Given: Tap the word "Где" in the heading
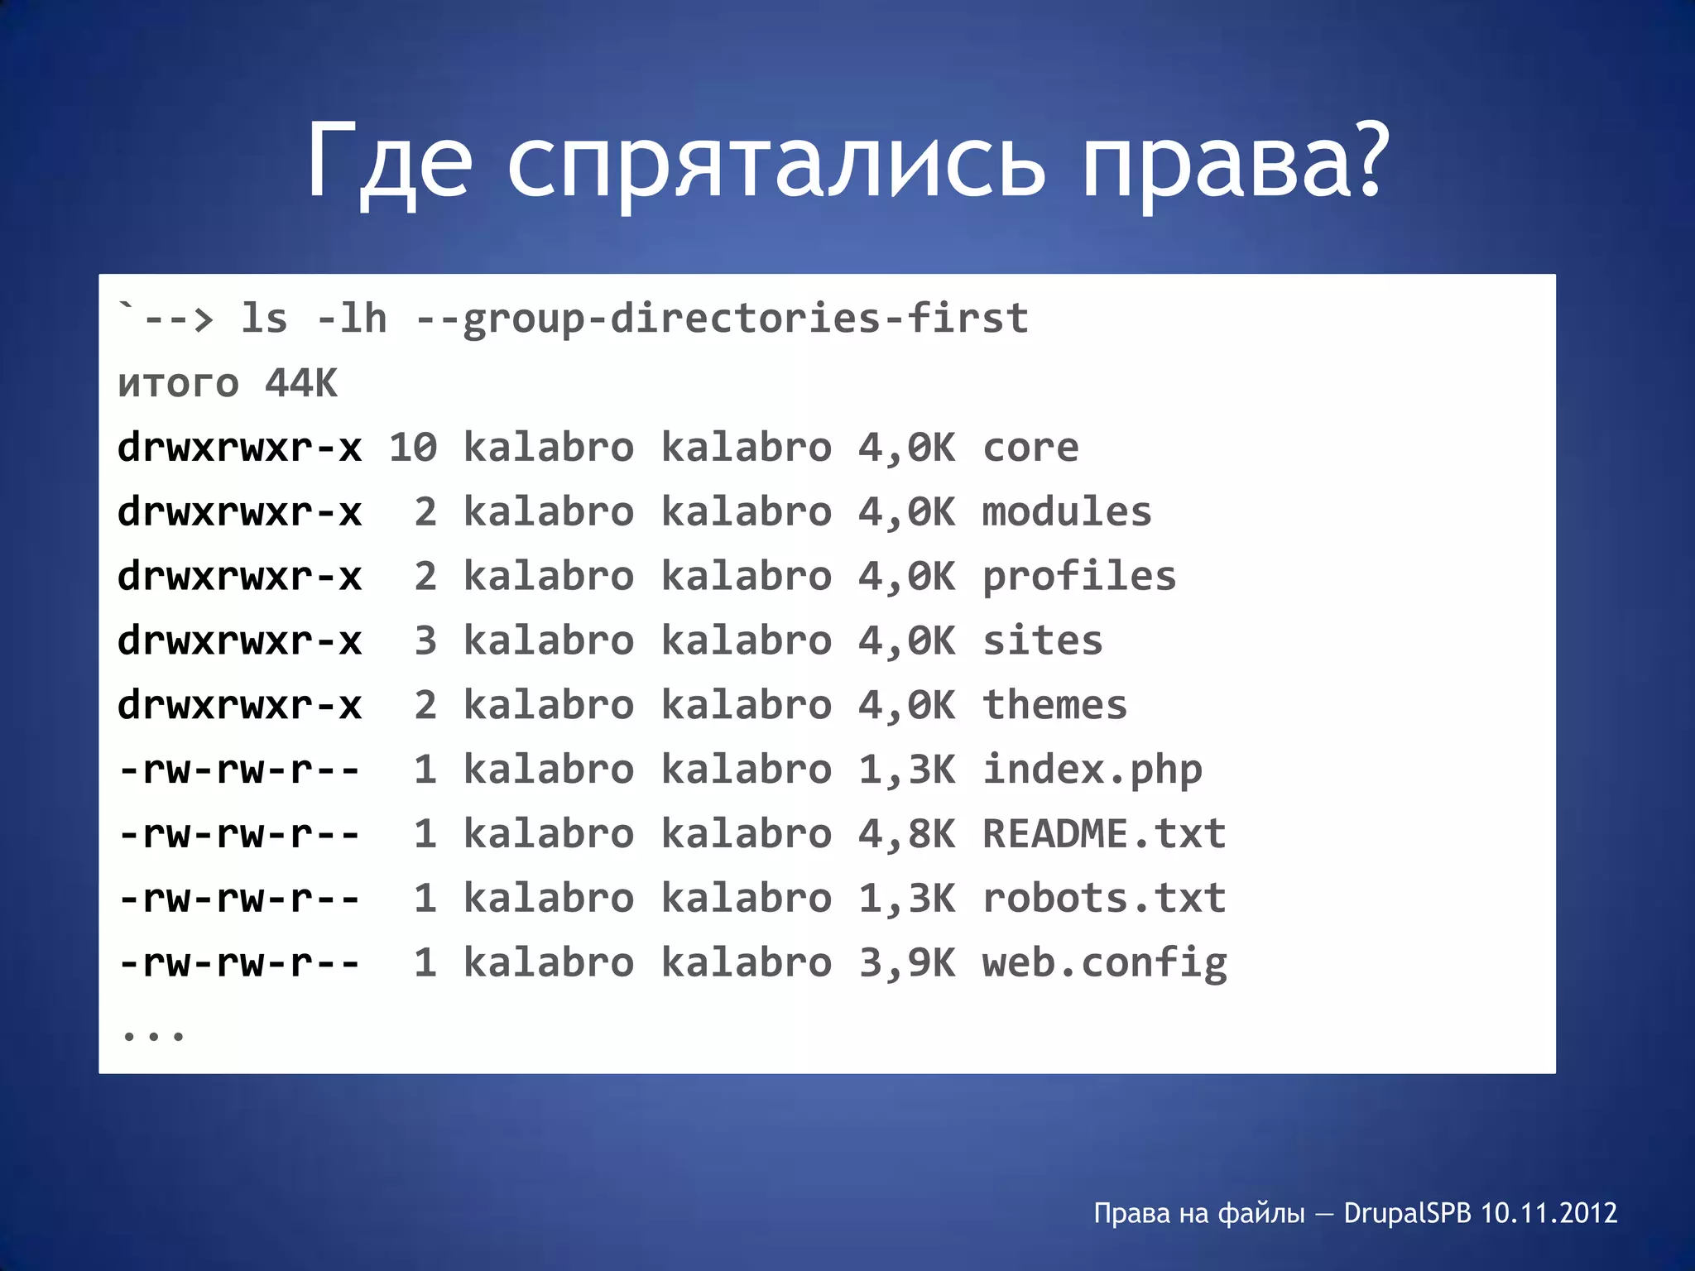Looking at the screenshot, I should tap(389, 161).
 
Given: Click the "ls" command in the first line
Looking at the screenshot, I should tap(264, 319).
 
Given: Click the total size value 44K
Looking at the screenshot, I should tap(301, 383).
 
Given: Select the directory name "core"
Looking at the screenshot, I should tap(1030, 448).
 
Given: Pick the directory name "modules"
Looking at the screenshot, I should tap(1067, 512).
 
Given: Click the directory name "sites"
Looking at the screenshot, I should tap(1043, 641).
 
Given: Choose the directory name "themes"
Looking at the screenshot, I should tap(1054, 706).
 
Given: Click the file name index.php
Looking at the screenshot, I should tap(1092, 770).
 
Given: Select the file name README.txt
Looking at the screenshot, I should tap(1104, 834).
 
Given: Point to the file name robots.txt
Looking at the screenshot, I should tap(1104, 899).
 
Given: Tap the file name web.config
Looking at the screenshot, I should tap(1104, 963).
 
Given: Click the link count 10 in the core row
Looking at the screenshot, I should tap(413, 448).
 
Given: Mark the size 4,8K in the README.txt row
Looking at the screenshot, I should tap(906, 834).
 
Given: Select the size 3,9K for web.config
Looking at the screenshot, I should tap(906, 963).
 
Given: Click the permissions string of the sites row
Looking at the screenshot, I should tap(240, 641).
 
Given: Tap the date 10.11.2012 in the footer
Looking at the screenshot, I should tap(1549, 1213).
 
